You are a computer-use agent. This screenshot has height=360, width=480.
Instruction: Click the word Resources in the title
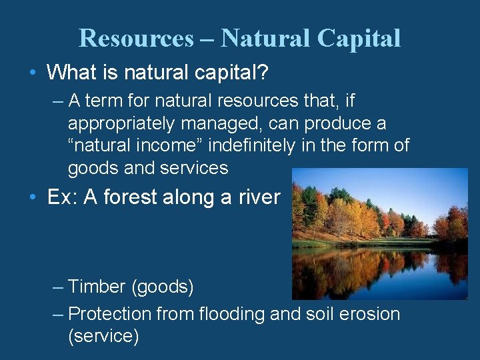click(x=135, y=39)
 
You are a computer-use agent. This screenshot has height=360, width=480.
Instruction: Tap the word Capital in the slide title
click(x=359, y=39)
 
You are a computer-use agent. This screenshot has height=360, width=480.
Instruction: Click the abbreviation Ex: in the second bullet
click(x=63, y=197)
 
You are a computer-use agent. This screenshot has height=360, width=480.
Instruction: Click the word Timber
click(x=97, y=287)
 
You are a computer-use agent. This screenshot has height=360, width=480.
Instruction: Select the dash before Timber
click(x=57, y=287)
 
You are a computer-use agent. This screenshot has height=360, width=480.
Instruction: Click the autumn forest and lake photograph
click(x=380, y=233)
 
